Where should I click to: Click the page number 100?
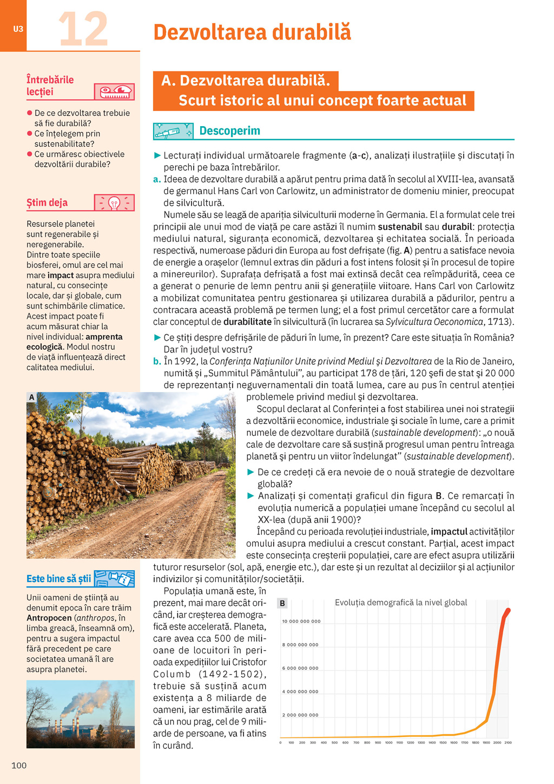pyautogui.click(x=19, y=765)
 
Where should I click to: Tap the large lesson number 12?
pyautogui.click(x=83, y=29)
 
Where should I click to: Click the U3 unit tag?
pyautogui.click(x=18, y=29)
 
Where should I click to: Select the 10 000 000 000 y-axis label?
pyautogui.click(x=301, y=622)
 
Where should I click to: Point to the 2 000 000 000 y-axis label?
pyautogui.click(x=301, y=715)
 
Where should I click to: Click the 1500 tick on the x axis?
pyautogui.click(x=443, y=743)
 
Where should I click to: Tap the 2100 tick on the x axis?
pyautogui.click(x=508, y=743)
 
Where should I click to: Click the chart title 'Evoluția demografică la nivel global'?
pyautogui.click(x=401, y=603)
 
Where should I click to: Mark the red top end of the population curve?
pyautogui.click(x=508, y=610)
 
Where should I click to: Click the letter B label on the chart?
pyautogui.click(x=282, y=603)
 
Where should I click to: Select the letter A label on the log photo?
pyautogui.click(x=31, y=397)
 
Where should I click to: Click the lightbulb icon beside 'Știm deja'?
pyautogui.click(x=114, y=203)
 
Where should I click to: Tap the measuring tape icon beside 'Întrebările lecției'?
pyautogui.click(x=114, y=92)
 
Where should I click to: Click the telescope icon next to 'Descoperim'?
pyautogui.click(x=173, y=131)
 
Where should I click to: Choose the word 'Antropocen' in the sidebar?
pyautogui.click(x=49, y=618)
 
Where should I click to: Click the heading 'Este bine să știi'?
pyautogui.click(x=58, y=579)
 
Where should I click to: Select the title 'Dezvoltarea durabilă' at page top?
pyautogui.click(x=252, y=32)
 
